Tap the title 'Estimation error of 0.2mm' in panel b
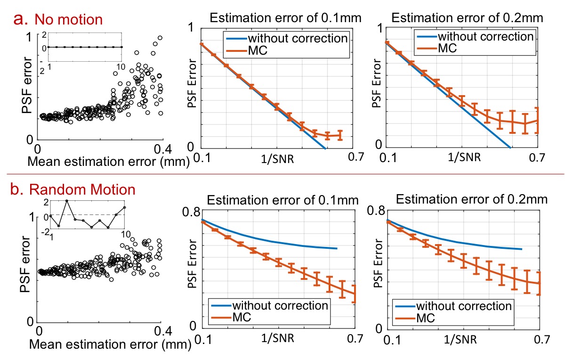point(467,199)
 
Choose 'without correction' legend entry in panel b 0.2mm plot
point(475,305)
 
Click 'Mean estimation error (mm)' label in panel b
point(110,344)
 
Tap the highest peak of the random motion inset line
point(67,201)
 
